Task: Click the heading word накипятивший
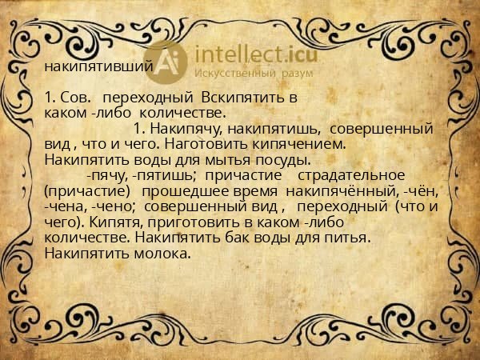point(98,66)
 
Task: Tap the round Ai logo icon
point(172,62)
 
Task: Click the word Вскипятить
point(255,98)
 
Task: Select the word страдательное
point(353,174)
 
